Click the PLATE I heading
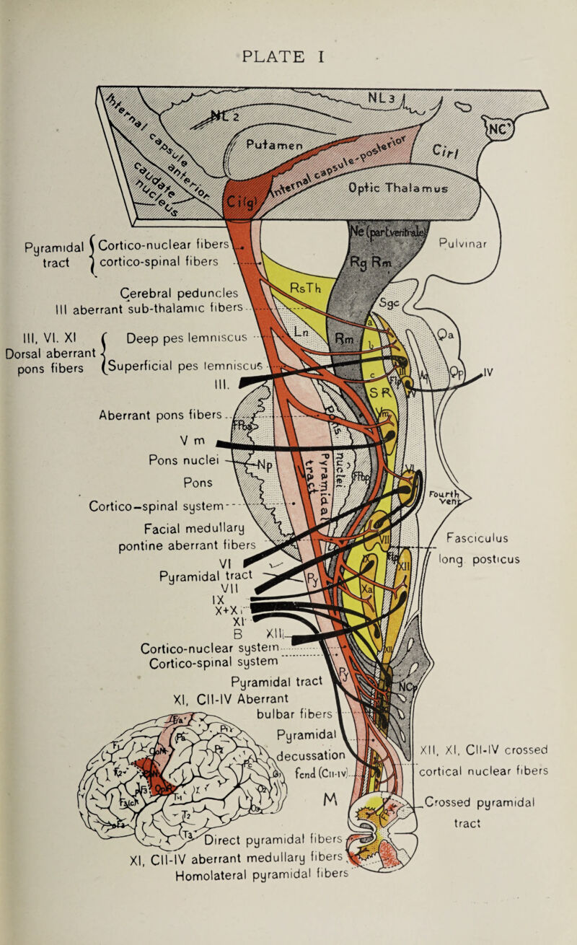[288, 55]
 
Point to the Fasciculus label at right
[478, 536]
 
